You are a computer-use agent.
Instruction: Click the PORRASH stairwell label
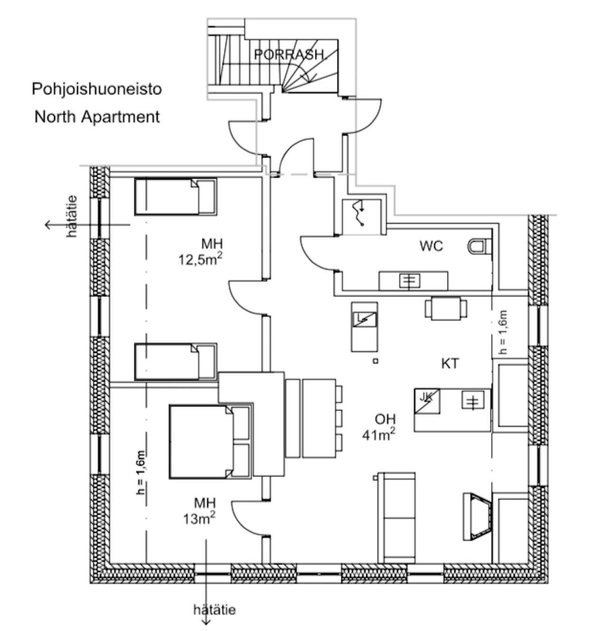pyautogui.click(x=289, y=55)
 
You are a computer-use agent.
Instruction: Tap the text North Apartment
pyautogui.click(x=97, y=116)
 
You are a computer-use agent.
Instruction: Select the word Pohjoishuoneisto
pyautogui.click(x=97, y=89)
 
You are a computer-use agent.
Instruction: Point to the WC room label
pyautogui.click(x=431, y=246)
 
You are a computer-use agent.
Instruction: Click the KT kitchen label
pyautogui.click(x=450, y=363)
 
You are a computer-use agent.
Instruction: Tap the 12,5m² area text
pyautogui.click(x=200, y=259)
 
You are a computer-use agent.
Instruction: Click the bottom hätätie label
pyautogui.click(x=214, y=610)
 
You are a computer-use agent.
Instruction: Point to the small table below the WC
pyautogui.click(x=446, y=308)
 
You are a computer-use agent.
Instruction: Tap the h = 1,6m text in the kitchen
pyautogui.click(x=503, y=332)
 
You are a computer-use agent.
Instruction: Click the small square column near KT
pyautogui.click(x=375, y=361)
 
